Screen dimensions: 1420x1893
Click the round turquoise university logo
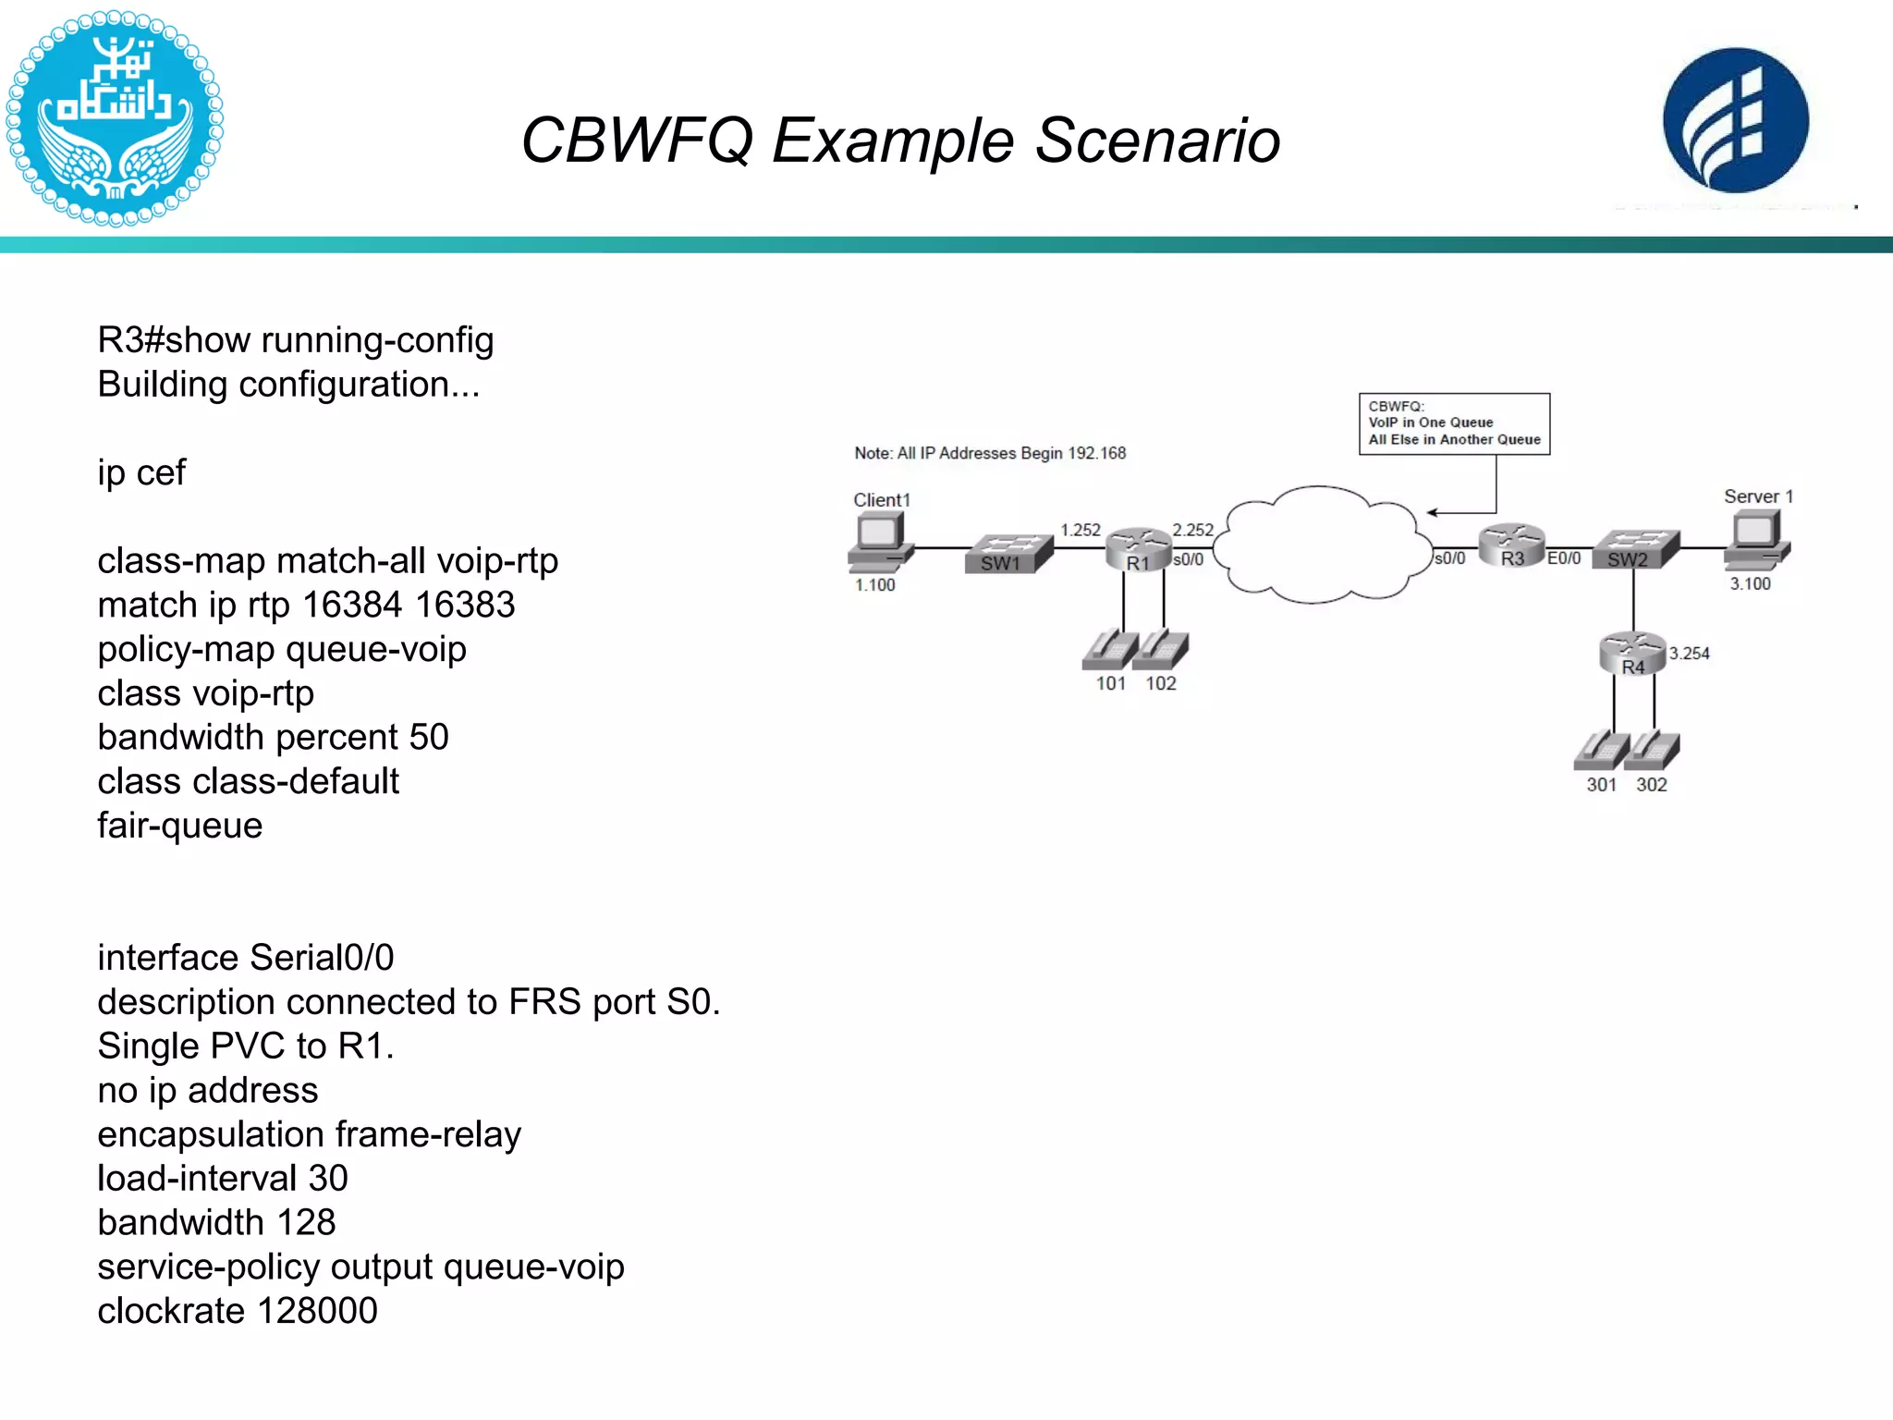(x=114, y=118)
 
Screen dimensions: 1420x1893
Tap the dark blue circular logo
(x=1735, y=120)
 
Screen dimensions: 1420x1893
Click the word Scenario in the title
(x=1157, y=141)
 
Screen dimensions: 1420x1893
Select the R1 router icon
(x=1138, y=549)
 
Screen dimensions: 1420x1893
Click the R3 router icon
(x=1511, y=545)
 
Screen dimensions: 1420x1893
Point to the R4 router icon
(x=1632, y=653)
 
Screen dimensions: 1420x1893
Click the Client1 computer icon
(x=881, y=542)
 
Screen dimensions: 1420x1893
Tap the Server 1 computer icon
(x=1756, y=540)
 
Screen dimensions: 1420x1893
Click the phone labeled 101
(x=1110, y=650)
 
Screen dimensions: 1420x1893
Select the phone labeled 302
(x=1653, y=750)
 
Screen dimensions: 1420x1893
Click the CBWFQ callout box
(x=1454, y=423)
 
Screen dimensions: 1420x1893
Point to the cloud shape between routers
(x=1322, y=545)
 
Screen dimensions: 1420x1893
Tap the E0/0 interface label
(x=1564, y=558)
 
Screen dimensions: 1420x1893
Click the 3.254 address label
(x=1689, y=654)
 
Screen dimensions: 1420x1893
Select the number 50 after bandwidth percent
(x=429, y=738)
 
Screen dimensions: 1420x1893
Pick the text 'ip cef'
(x=141, y=473)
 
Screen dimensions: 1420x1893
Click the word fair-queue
(x=180, y=826)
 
